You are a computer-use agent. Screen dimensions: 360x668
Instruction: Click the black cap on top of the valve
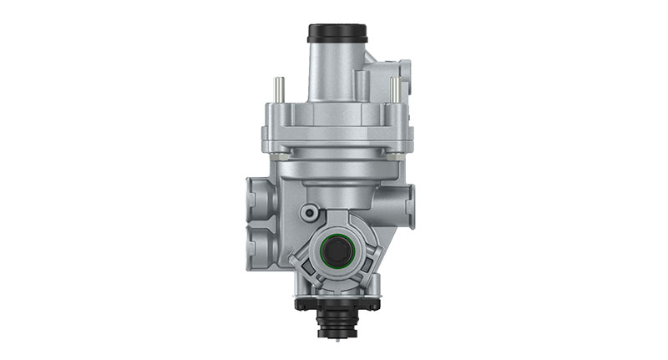click(x=337, y=33)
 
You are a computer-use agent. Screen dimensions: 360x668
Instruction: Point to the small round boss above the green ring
click(x=310, y=212)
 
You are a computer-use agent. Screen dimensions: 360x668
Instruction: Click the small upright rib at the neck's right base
click(x=362, y=84)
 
